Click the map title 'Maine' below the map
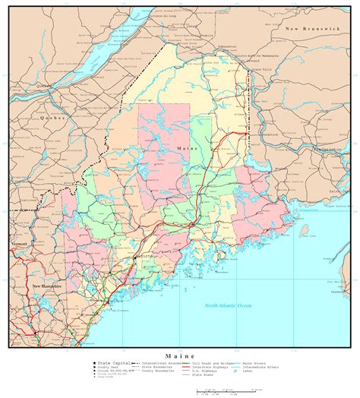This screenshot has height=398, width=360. tap(179, 355)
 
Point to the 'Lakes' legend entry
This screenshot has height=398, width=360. tap(248, 372)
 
